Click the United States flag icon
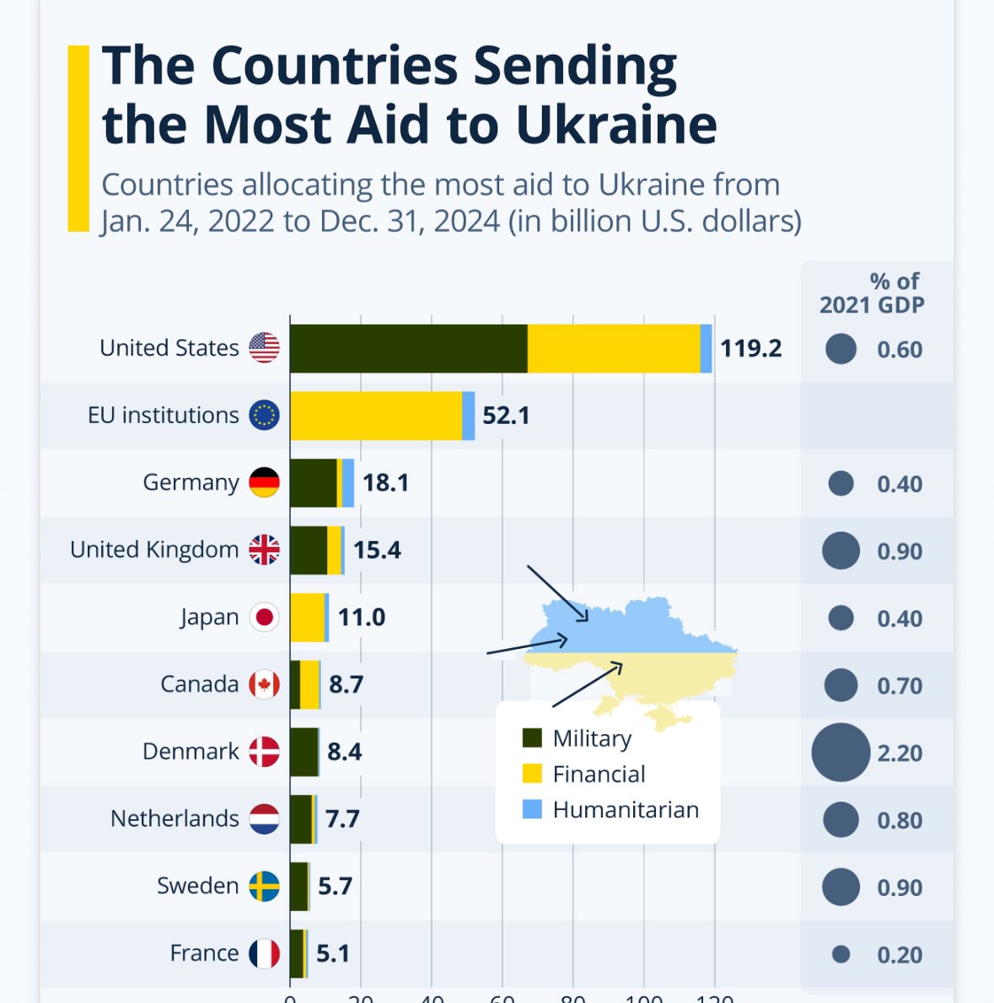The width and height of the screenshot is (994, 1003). point(264,347)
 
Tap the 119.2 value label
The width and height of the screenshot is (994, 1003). point(750,348)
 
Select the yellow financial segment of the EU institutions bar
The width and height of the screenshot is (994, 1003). point(376,416)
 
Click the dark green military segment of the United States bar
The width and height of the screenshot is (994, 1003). point(408,348)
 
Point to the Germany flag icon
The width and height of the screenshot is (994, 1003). point(264,482)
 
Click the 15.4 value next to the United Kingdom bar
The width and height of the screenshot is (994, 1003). point(377,550)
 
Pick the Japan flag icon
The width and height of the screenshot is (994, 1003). point(264,617)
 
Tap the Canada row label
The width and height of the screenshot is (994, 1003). point(200,684)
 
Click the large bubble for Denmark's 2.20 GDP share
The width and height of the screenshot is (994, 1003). point(841,752)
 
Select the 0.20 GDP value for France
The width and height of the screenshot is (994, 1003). point(900,954)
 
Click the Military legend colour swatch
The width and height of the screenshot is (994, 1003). point(532,738)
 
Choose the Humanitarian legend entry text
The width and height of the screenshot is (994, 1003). point(626,810)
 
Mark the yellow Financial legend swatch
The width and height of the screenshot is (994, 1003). point(532,774)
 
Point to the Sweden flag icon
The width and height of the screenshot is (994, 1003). point(264,886)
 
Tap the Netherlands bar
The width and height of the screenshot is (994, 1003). point(302,818)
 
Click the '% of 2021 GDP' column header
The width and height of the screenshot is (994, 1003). point(872,292)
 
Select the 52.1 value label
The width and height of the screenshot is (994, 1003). point(506,416)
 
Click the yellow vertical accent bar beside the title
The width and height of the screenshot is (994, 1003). point(78,138)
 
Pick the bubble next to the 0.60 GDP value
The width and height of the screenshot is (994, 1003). point(841,348)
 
